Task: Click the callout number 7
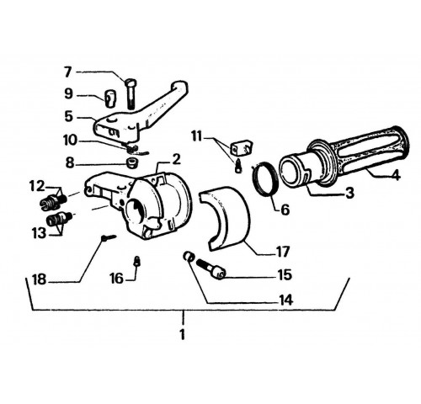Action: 68,72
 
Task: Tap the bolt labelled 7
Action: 131,94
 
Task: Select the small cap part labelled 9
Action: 109,98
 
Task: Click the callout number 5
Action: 69,116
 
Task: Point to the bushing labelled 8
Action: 131,162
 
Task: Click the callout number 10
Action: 70,141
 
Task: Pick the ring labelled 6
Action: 266,179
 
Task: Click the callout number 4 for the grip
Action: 396,175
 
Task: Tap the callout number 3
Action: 349,193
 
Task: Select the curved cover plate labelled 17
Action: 225,218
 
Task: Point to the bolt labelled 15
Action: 211,268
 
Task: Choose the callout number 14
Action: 285,300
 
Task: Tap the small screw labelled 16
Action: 137,261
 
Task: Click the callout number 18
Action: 40,279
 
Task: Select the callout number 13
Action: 39,233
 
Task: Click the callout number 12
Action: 37,186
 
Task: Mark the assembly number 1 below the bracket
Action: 183,334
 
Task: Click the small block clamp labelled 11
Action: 242,147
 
